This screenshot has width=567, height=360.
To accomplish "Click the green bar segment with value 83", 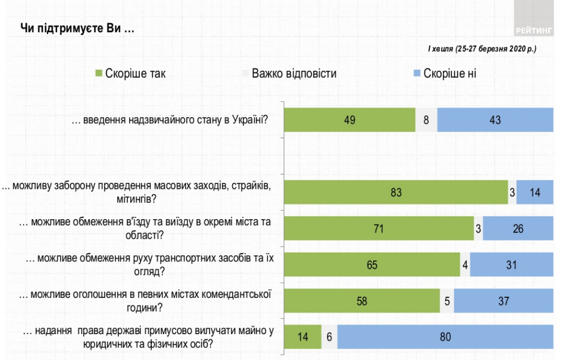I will pos(396,192).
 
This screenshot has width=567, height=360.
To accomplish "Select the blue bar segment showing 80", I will pos(446,337).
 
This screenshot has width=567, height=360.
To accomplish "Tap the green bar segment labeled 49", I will pos(349,120).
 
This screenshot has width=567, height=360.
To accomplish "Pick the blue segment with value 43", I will pos(495,120).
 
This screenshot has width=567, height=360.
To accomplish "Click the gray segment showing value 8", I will pos(426,120).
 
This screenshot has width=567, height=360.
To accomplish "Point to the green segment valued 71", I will pos(379,228).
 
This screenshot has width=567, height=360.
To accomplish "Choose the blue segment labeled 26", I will pos(518,228).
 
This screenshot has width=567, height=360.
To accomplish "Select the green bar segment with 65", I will pos(372,265).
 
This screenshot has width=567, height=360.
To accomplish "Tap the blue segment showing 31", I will pos(511,265).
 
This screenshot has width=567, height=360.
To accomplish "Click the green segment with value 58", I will pos(362,301).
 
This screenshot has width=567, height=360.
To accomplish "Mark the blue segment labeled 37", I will pos(503,301).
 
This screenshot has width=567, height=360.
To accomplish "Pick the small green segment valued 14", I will pos(303,337).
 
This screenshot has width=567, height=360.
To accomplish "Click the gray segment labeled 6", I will pos(329,337).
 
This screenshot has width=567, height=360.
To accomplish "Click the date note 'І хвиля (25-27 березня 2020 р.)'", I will pos(482,49).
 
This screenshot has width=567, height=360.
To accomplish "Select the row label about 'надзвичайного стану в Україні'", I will pos(170,120).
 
